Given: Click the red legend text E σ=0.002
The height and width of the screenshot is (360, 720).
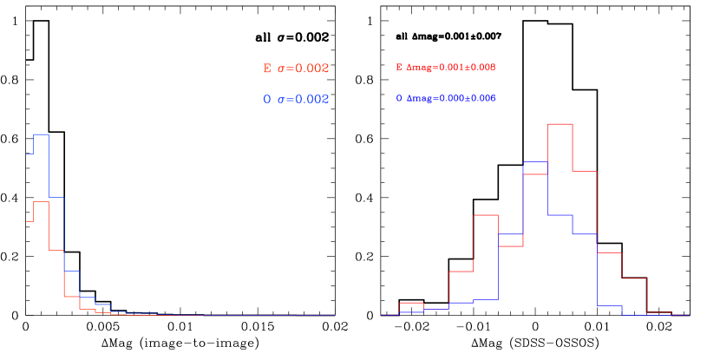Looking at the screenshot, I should [296, 69].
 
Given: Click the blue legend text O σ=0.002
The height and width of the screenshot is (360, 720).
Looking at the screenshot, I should [296, 100].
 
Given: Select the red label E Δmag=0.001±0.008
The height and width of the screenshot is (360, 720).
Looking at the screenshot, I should [445, 67].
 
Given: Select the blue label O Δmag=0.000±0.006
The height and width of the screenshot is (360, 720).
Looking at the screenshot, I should [445, 99].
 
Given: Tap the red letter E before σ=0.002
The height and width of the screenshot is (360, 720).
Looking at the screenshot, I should [267, 69].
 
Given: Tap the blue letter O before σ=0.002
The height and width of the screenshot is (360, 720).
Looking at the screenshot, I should [267, 100].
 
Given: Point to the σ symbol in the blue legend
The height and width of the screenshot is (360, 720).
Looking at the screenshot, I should [281, 101].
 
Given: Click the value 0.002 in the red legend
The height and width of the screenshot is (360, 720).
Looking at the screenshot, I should [313, 69].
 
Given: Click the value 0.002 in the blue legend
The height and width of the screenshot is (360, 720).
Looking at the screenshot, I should [313, 100].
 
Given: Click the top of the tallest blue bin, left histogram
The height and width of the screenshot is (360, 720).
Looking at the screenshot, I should [41, 134].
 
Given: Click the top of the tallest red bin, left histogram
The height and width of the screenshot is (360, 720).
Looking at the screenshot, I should [41, 201].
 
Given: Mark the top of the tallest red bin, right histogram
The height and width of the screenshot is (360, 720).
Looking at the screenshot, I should [560, 124].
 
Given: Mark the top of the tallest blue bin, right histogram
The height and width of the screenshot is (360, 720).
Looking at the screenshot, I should [535, 162].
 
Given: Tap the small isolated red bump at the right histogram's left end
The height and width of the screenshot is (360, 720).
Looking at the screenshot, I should [410, 303].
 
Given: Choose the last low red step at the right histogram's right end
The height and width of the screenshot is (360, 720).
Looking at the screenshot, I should [659, 311].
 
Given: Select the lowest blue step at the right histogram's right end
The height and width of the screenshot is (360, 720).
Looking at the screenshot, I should [610, 305].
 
